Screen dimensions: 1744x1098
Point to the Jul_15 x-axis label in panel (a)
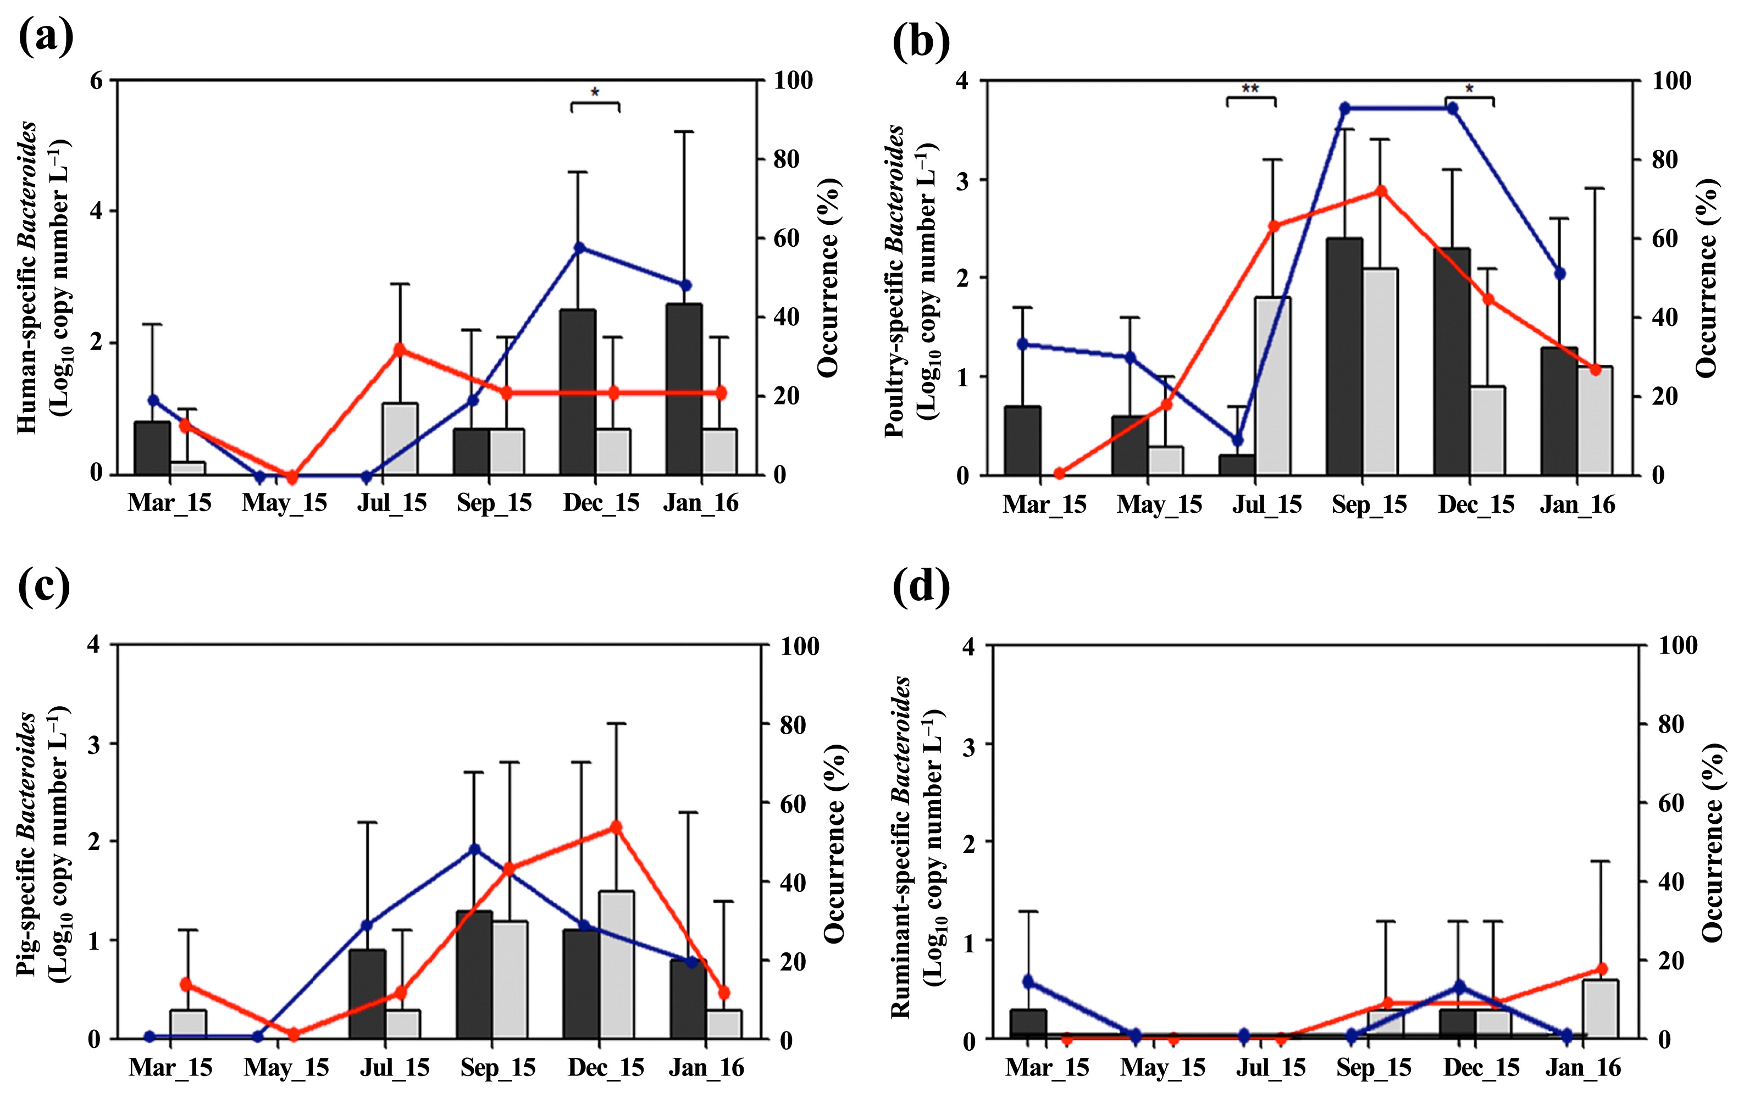[x=392, y=503]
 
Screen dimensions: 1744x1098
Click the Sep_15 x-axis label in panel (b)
[x=1369, y=505]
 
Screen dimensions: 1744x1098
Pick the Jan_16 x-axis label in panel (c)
[x=706, y=1068]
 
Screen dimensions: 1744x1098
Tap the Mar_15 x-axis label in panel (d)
[x=1047, y=1068]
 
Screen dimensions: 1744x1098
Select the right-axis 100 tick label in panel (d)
[x=1678, y=645]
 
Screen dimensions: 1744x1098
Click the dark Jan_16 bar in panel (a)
[x=684, y=389]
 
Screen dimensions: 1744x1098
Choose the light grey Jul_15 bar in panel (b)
[x=1272, y=385]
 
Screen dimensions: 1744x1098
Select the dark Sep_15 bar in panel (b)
[x=1344, y=356]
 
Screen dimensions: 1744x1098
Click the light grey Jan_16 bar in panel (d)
[x=1600, y=1009]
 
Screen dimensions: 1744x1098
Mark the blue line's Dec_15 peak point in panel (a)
[x=579, y=248]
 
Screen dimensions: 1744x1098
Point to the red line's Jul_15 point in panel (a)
[x=399, y=349]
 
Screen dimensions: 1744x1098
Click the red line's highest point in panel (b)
[x=1381, y=191]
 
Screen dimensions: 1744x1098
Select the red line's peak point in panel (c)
[x=616, y=827]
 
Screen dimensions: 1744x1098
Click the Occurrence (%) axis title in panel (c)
[x=834, y=843]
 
